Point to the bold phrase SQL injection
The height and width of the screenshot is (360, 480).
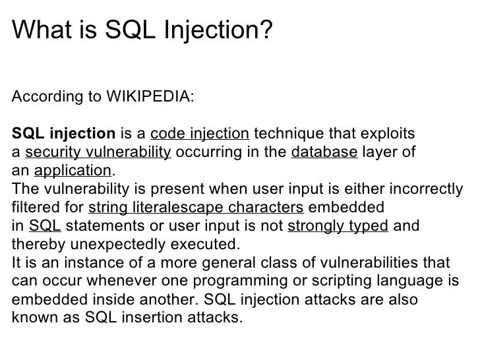55,135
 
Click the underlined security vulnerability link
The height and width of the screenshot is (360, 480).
98,153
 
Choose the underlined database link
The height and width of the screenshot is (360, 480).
324,153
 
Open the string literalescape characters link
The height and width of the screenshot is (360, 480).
196,208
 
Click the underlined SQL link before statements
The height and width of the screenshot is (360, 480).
45,226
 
